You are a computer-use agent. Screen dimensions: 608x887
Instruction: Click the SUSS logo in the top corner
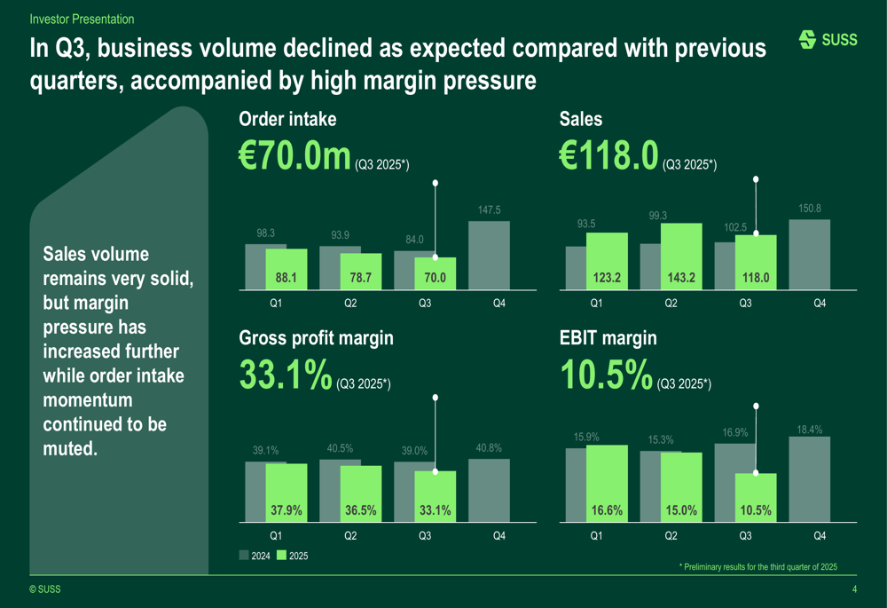(828, 40)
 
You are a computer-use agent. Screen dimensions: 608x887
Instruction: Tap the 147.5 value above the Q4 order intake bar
(489, 210)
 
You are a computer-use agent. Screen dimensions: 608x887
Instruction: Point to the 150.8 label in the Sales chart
(809, 209)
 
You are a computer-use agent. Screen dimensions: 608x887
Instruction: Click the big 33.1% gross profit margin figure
(286, 375)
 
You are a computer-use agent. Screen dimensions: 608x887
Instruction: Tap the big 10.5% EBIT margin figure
(607, 375)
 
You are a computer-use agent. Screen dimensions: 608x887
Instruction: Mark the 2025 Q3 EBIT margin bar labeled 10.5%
(756, 497)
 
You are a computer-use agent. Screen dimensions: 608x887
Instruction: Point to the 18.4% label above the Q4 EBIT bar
(809, 430)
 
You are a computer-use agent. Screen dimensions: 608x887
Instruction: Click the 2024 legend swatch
(245, 556)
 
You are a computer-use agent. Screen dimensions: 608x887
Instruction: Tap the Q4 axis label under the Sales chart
(820, 304)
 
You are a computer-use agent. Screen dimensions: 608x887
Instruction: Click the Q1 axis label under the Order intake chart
(276, 304)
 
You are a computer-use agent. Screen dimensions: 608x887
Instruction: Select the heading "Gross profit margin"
(316, 338)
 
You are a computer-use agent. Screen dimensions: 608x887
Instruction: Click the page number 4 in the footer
(854, 590)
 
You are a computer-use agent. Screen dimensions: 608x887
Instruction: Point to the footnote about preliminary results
(757, 566)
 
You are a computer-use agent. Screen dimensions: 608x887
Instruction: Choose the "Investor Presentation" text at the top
(82, 19)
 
